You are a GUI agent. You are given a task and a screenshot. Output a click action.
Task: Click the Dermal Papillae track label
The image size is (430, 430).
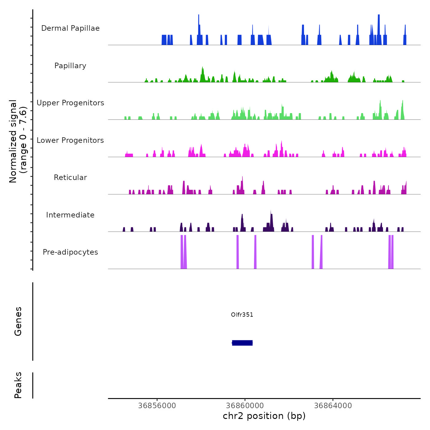[70, 28]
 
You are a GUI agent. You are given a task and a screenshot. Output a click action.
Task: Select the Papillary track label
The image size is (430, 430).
[70, 66]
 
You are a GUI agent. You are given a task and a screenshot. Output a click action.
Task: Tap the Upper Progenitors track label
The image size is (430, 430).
[70, 103]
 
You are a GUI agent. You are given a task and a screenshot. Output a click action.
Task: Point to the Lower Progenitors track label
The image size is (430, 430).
[70, 140]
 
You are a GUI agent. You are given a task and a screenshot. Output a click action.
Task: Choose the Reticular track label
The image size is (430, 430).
[70, 178]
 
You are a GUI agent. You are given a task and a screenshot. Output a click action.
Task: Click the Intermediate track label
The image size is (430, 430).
[70, 215]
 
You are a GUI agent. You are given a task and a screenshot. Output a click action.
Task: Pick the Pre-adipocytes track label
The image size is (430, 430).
[70, 252]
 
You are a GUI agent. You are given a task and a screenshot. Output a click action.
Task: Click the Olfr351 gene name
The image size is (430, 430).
[242, 315]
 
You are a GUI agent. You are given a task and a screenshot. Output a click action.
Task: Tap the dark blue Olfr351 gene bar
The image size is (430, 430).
[242, 343]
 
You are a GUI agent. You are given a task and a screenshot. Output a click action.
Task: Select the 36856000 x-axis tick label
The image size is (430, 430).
[157, 405]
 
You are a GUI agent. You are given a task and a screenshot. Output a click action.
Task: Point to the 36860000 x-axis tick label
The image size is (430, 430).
[245, 405]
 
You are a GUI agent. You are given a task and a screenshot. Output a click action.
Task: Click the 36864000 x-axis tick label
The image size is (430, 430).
[333, 405]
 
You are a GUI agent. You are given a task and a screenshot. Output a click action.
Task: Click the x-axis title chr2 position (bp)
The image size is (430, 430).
[264, 416]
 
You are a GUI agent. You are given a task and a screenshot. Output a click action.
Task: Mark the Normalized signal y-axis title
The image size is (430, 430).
[18, 141]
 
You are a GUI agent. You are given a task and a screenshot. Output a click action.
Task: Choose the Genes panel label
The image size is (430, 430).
[18, 321]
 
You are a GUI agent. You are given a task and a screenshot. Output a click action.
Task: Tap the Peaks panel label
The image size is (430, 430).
[18, 385]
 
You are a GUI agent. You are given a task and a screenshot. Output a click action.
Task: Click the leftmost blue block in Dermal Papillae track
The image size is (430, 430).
[164, 40]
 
